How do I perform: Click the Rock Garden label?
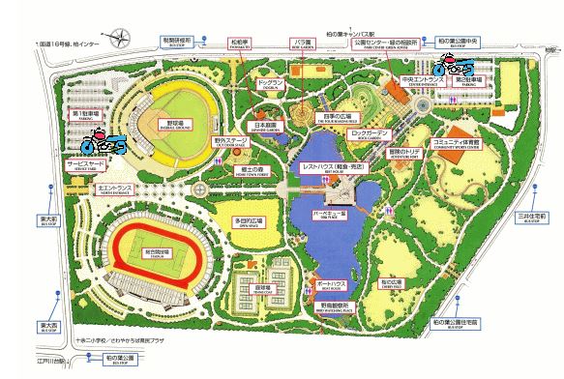point(371,132)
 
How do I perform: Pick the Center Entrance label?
point(422,81)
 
